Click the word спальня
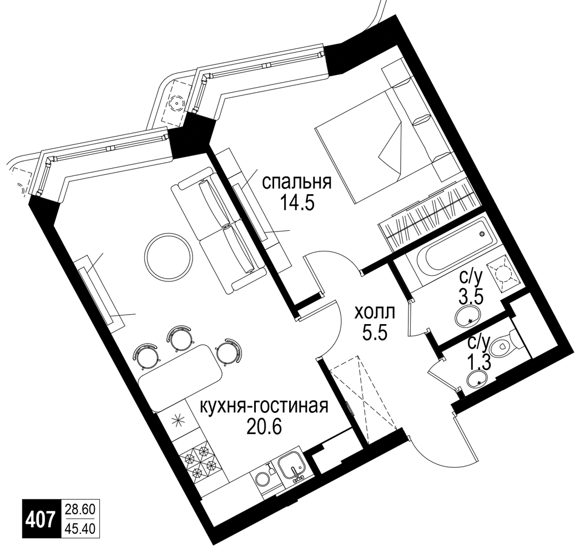pos(296,183)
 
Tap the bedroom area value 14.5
pos(297,203)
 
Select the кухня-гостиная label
pos(264,407)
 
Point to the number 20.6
pos(264,428)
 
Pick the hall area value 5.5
pos(375,334)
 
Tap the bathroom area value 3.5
pos(471,296)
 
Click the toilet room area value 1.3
pos(480,363)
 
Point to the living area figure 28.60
pos(80,509)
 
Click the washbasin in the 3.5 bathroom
pos(468,316)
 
